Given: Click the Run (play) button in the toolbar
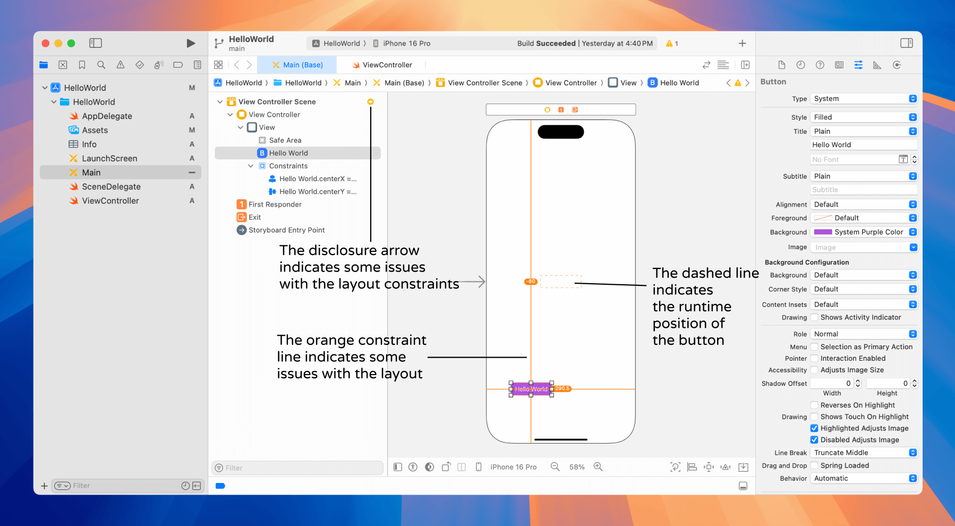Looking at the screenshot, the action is [x=191, y=43].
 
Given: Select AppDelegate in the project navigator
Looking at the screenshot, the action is [x=107, y=116].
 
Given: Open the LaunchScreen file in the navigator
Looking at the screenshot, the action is [x=109, y=158].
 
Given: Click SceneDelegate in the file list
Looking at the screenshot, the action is [x=111, y=186].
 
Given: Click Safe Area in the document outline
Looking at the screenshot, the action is [x=285, y=140].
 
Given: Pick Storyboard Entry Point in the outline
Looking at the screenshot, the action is [x=286, y=230].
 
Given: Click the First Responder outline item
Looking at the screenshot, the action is [x=275, y=205].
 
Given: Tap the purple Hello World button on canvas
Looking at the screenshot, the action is [x=531, y=389].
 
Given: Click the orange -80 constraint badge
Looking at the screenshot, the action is [x=531, y=282].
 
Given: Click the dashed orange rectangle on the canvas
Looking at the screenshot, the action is [x=561, y=282].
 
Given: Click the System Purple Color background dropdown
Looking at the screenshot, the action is [x=864, y=232].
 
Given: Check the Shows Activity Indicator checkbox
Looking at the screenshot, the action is [x=814, y=318].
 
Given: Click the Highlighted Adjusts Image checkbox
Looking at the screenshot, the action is [x=814, y=428].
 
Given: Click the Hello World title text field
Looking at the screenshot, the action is [x=864, y=145].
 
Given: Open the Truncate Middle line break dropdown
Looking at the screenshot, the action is [x=864, y=453].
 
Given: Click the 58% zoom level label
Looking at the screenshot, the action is [x=577, y=467].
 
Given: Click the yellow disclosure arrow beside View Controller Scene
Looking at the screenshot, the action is [x=371, y=101].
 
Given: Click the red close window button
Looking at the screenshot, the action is [x=46, y=43].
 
